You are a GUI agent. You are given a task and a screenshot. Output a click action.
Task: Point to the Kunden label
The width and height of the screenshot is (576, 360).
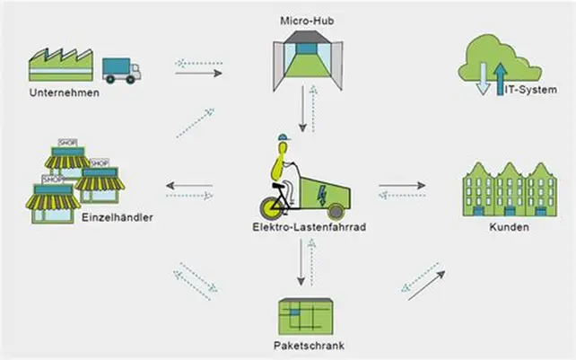tap(509, 226)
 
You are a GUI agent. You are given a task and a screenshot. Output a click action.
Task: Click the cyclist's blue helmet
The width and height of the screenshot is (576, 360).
tap(284, 137)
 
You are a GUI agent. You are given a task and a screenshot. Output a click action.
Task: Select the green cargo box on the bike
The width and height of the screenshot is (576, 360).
tap(320, 183)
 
